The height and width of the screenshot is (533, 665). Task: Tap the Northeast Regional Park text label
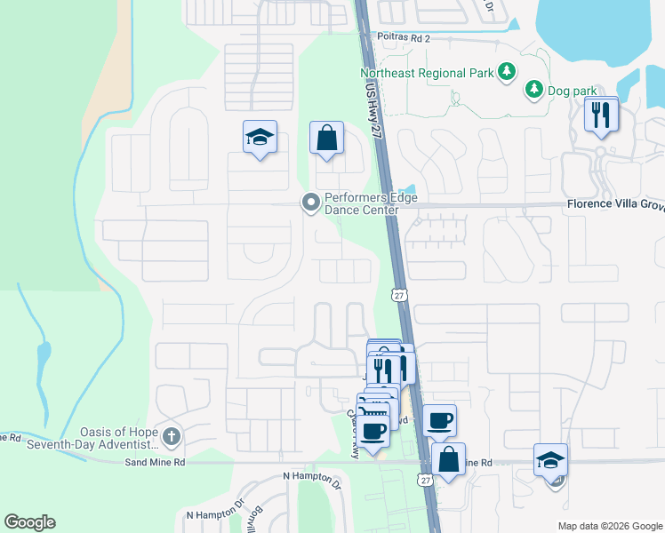tap(425, 72)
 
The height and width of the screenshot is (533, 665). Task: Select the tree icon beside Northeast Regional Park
tap(507, 71)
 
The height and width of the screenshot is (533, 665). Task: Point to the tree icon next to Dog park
tap(533, 89)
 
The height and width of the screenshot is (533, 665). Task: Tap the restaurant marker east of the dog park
tap(602, 115)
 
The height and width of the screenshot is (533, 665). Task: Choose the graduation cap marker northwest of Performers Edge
tap(260, 138)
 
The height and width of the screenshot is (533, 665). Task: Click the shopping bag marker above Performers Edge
tap(326, 139)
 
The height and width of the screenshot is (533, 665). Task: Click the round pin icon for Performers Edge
tap(310, 203)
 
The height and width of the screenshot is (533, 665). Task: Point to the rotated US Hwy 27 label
tap(373, 106)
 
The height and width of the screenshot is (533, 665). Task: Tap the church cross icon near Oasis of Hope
tap(172, 437)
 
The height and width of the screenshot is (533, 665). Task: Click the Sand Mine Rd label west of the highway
tap(155, 462)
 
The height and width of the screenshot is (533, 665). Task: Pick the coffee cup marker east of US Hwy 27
tap(438, 420)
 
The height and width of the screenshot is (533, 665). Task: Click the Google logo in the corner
tap(29, 522)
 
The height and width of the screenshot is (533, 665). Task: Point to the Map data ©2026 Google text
tap(609, 526)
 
